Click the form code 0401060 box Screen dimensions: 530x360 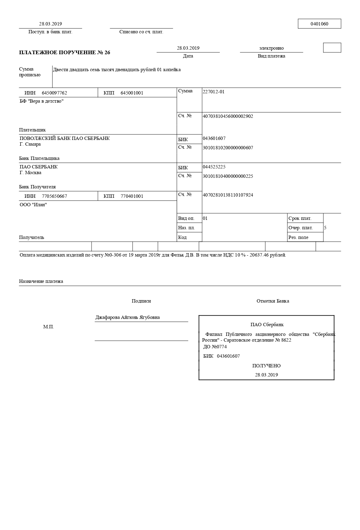pyautogui.click(x=319, y=24)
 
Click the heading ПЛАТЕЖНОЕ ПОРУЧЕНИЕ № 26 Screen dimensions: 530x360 pyautogui.click(x=65, y=52)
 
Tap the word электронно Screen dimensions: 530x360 pyautogui.click(x=271, y=48)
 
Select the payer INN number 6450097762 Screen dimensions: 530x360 pyautogui.click(x=54, y=93)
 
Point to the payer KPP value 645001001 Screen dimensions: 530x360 pyautogui.click(x=132, y=93)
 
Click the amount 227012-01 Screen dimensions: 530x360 pyautogui.click(x=213, y=92)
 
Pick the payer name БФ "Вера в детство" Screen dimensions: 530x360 pyautogui.click(x=42, y=101)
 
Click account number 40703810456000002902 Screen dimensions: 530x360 pyautogui.click(x=228, y=116)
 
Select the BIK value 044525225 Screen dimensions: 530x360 pyautogui.click(x=214, y=167)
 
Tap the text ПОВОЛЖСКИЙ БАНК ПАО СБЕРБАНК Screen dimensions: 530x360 pyautogui.click(x=65, y=138)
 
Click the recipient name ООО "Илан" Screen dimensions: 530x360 pyautogui.click(x=33, y=205)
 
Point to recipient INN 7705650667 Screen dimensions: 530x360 pyautogui.click(x=54, y=196)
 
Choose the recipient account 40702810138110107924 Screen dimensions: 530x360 pyautogui.click(x=228, y=195)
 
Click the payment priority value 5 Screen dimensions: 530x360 pyautogui.click(x=325, y=228)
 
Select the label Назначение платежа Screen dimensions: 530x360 pyautogui.click(x=41, y=281)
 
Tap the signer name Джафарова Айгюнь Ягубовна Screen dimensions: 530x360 pyautogui.click(x=128, y=317)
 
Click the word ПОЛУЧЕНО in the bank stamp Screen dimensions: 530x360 pyautogui.click(x=266, y=366)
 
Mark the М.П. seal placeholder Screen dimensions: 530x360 pyautogui.click(x=48, y=327)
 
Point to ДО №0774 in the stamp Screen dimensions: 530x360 pyautogui.click(x=215, y=347)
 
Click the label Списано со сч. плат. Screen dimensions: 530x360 pyautogui.click(x=141, y=32)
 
